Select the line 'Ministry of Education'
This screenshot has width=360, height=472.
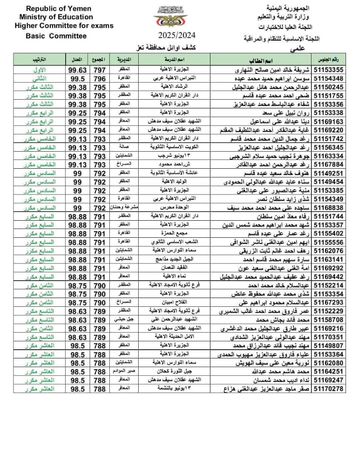coord(56,17)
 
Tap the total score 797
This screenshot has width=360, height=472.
coord(99,70)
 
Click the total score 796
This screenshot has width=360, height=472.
coord(99,78)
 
